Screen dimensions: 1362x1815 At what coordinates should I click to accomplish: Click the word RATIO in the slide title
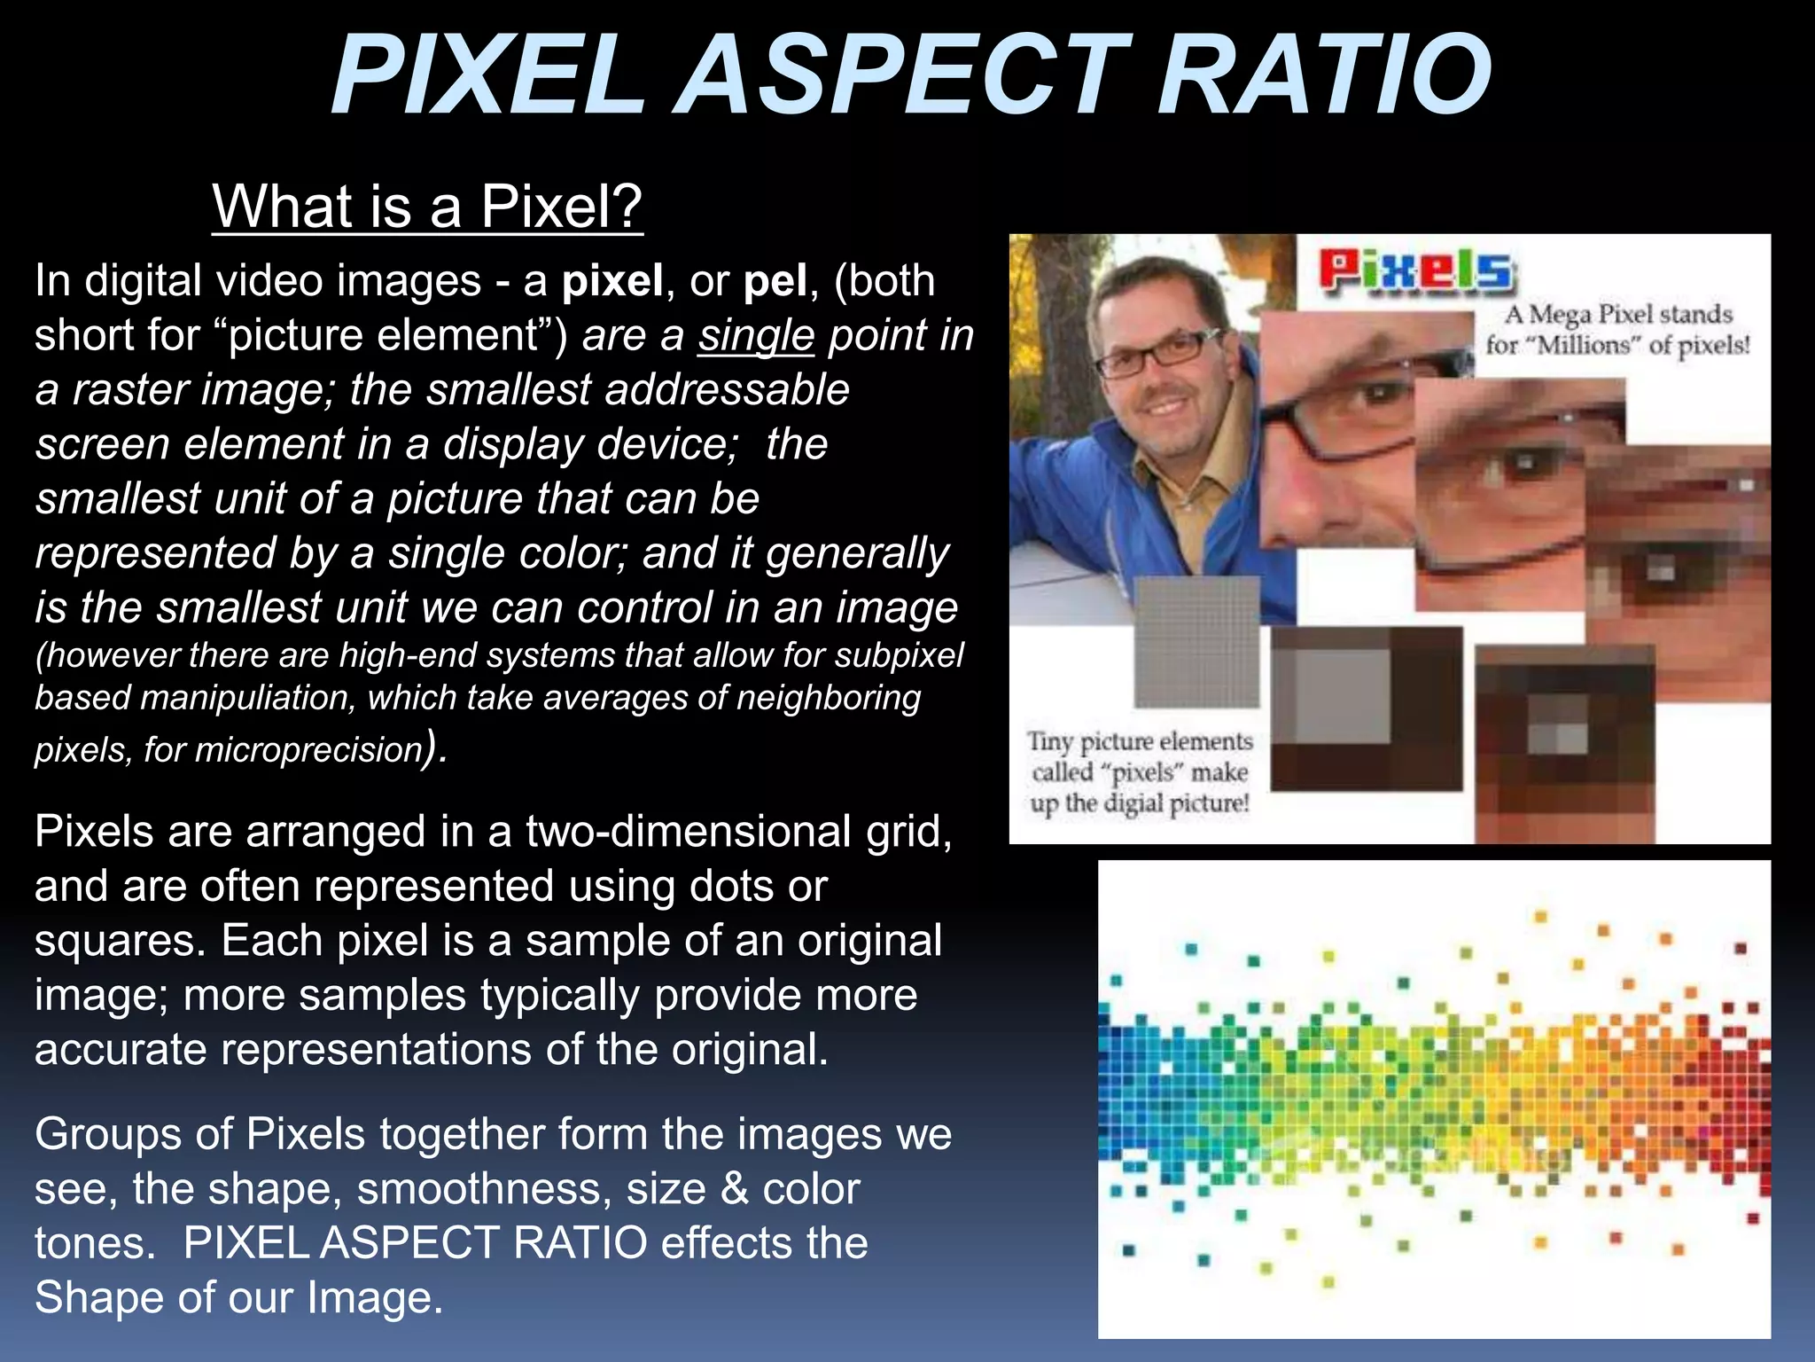click(x=1325, y=75)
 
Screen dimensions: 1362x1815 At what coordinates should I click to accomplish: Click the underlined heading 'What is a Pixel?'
click(x=427, y=206)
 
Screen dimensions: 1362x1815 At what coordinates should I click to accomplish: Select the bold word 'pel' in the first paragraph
click(x=775, y=282)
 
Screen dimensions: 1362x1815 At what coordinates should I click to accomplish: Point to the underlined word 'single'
click(x=755, y=336)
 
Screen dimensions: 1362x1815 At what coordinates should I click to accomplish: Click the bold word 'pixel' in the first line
click(x=612, y=282)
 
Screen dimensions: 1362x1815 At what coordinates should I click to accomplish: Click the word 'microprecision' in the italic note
click(x=308, y=750)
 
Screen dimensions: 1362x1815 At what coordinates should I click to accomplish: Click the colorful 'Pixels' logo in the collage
click(x=1416, y=270)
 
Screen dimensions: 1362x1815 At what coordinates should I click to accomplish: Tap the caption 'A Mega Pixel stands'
click(x=1618, y=315)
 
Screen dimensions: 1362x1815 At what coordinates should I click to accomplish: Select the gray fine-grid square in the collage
click(x=1197, y=641)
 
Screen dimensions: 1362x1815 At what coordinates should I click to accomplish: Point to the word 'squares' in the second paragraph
click(x=120, y=942)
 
